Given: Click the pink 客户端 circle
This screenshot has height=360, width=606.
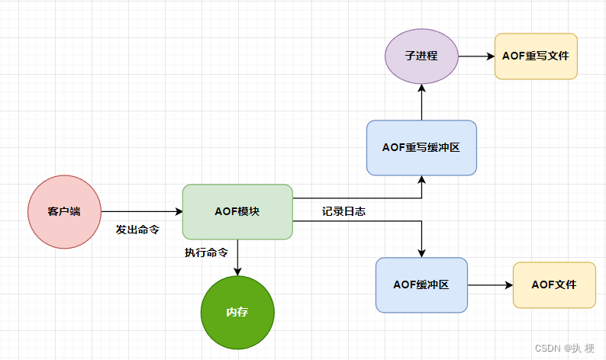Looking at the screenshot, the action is [65, 212].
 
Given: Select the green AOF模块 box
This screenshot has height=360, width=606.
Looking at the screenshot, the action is [237, 212].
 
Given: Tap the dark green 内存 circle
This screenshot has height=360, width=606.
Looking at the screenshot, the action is [237, 313].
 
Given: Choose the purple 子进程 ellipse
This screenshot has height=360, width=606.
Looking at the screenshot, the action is [421, 56].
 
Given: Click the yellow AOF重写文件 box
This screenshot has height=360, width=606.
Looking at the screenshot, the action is [536, 56].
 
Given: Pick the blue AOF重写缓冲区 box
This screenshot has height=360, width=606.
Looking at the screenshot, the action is [421, 147].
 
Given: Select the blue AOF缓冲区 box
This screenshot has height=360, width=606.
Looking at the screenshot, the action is [421, 285].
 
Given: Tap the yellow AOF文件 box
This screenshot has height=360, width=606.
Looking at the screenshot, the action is [554, 285].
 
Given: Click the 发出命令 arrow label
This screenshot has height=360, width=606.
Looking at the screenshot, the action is [137, 230].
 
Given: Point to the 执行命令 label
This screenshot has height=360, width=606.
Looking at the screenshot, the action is [206, 252].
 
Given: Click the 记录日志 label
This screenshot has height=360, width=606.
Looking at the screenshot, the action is [343, 211].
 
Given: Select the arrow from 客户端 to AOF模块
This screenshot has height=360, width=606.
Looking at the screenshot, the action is [142, 212].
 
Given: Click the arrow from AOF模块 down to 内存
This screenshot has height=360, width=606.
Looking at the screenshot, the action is [237, 258].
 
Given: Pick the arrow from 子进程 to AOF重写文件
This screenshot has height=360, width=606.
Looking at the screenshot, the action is [476, 56].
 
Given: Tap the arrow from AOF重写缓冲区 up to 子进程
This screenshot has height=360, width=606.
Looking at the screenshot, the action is [421, 102].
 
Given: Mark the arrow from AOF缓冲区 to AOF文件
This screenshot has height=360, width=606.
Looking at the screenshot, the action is [490, 285].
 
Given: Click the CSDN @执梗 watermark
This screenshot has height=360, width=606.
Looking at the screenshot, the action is [564, 348].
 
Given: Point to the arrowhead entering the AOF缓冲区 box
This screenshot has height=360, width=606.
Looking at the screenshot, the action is [421, 253].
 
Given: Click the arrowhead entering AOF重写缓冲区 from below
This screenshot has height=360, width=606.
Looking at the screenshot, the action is [421, 179].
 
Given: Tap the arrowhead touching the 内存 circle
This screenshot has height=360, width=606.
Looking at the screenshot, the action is [237, 272].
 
